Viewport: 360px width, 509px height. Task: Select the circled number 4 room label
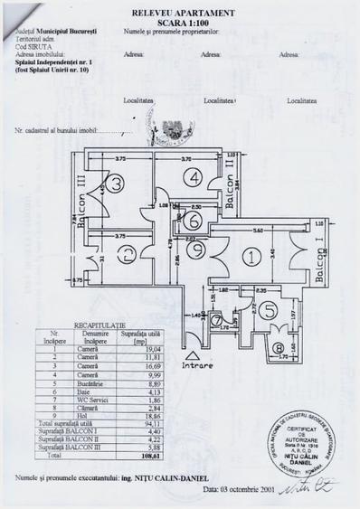194,179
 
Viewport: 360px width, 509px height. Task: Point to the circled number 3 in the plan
118,184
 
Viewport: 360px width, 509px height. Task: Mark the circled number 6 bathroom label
194,220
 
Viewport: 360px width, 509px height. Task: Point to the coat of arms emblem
170,129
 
